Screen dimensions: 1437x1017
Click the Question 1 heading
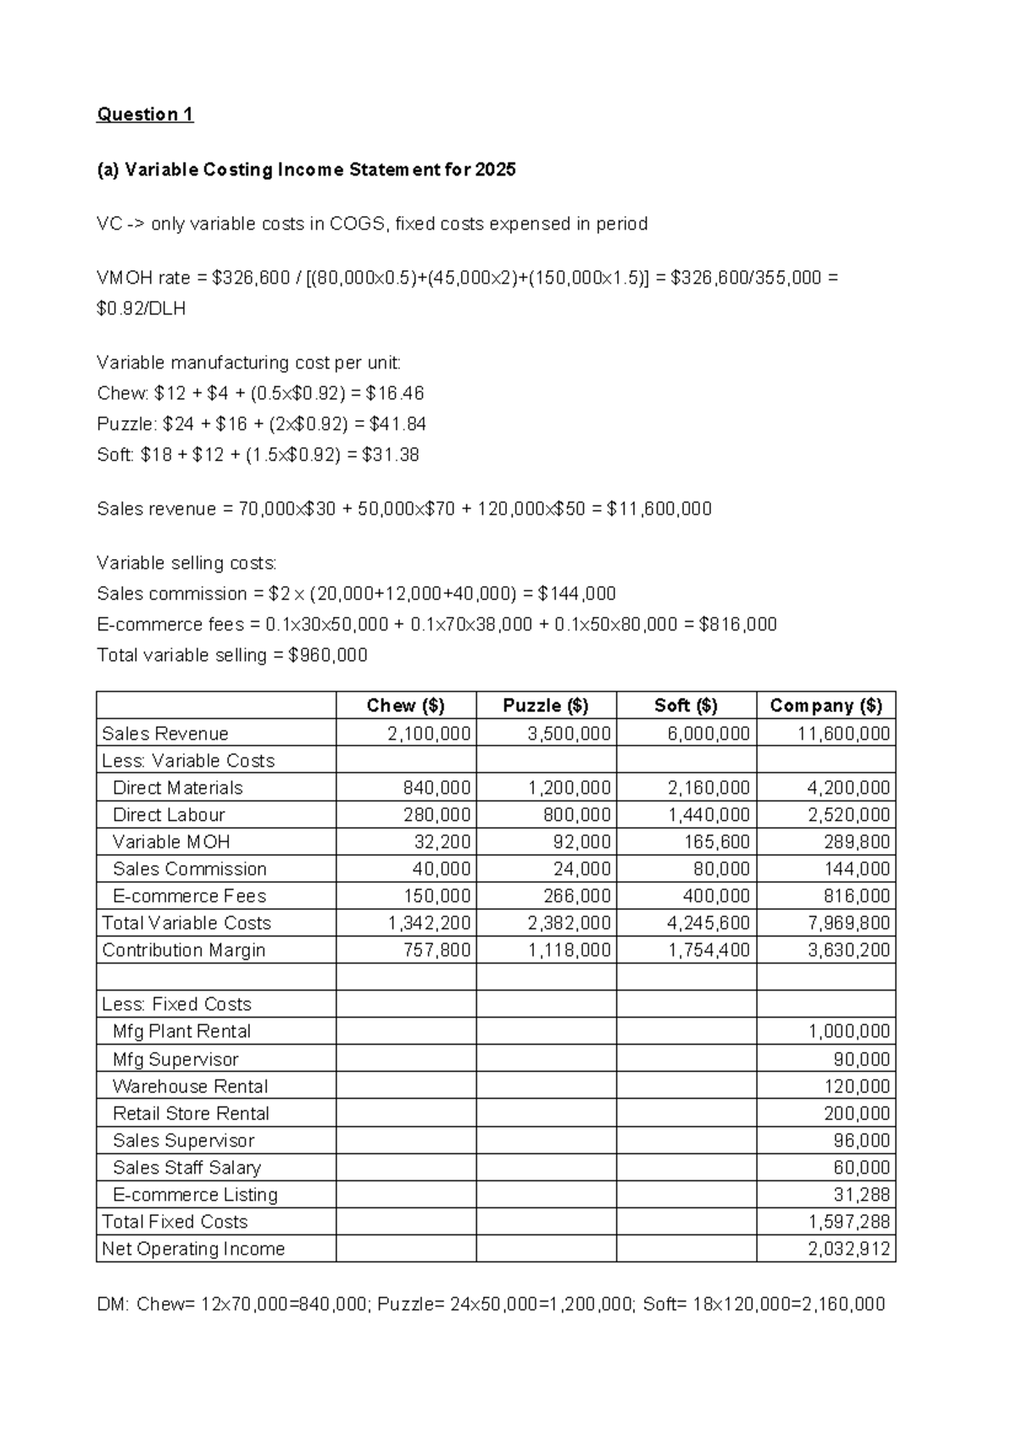(x=145, y=114)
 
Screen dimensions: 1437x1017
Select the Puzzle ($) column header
(x=545, y=706)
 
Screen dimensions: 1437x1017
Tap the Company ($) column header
(x=825, y=706)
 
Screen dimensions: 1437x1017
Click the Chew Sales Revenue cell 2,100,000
(x=429, y=734)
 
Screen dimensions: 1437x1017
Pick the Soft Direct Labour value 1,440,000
(x=709, y=815)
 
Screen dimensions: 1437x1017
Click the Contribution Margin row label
(x=184, y=951)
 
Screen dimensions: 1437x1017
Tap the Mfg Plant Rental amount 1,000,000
(x=848, y=1032)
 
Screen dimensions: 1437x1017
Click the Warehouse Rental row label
(x=190, y=1086)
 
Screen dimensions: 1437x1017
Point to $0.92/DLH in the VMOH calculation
(x=142, y=309)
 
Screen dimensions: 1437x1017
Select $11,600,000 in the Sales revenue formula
(x=659, y=509)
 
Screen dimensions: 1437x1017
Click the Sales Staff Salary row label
(x=186, y=1168)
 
